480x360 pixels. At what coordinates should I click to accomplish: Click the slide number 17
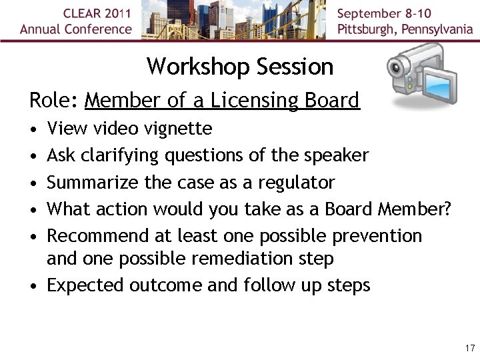click(x=469, y=348)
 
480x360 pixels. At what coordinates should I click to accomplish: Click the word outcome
click(x=165, y=285)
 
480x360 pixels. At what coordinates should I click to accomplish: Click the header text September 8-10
click(x=385, y=13)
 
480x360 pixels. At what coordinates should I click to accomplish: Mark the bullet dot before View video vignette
click(x=33, y=129)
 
